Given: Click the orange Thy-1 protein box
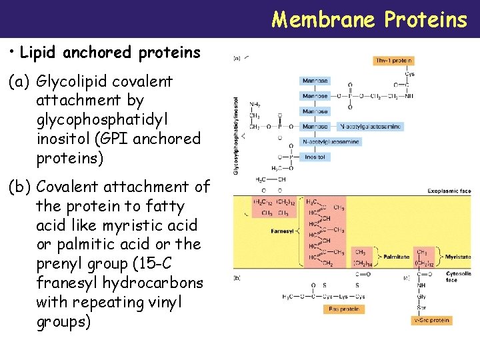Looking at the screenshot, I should [394, 61].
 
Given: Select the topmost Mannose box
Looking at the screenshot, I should [315, 81].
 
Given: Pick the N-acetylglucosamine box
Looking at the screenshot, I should [331, 141].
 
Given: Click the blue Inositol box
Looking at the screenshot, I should [315, 157].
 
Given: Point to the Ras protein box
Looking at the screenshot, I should [343, 309].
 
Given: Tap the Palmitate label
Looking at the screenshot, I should [397, 256].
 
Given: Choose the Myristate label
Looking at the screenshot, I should [457, 256].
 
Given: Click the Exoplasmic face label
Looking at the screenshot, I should [449, 191].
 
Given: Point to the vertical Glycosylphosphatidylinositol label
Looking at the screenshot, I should [235, 137].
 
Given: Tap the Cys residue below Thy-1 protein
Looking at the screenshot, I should [410, 74].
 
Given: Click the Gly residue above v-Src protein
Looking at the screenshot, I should [422, 297].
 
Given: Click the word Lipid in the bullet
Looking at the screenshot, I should [41, 52].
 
